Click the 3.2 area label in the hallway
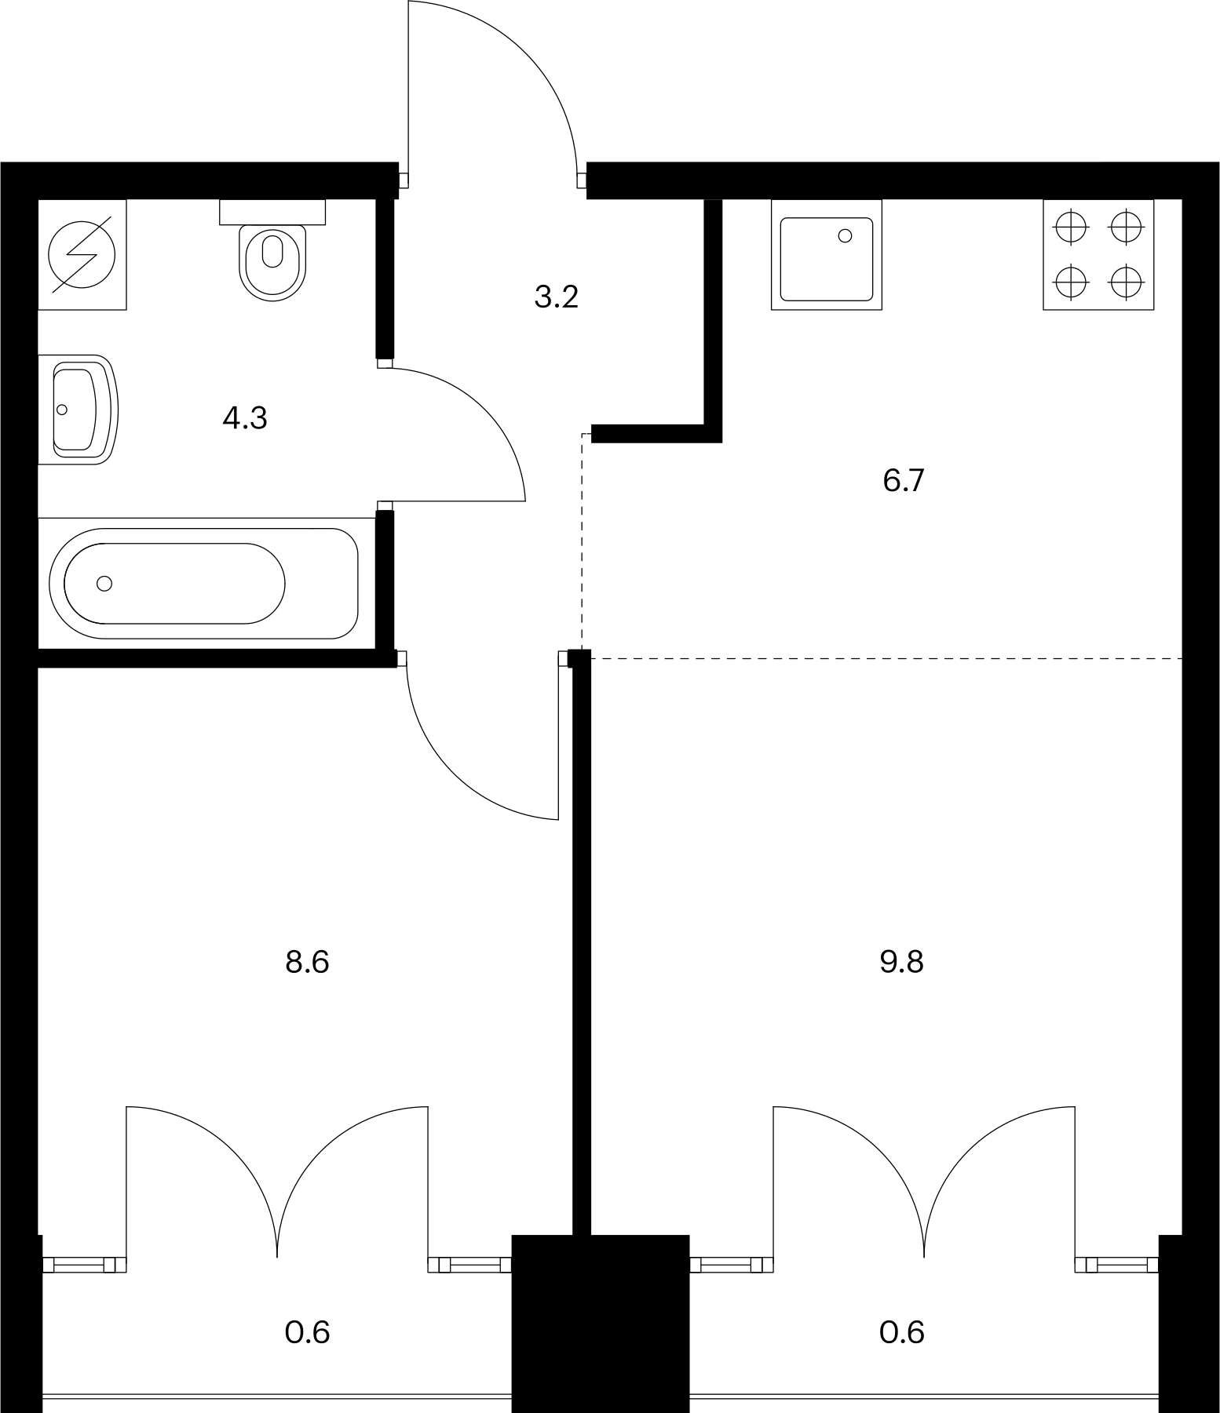556,297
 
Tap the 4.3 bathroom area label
245,418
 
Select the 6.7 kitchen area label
904,480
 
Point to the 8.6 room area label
307,961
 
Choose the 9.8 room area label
902,961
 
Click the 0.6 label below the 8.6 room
307,1331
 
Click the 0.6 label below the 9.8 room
902,1331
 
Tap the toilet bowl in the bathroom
272,262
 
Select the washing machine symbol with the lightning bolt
82,254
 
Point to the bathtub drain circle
104,583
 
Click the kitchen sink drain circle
845,235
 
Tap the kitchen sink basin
826,259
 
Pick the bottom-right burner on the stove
1126,282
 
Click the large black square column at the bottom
601,1324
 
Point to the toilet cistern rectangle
272,212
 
